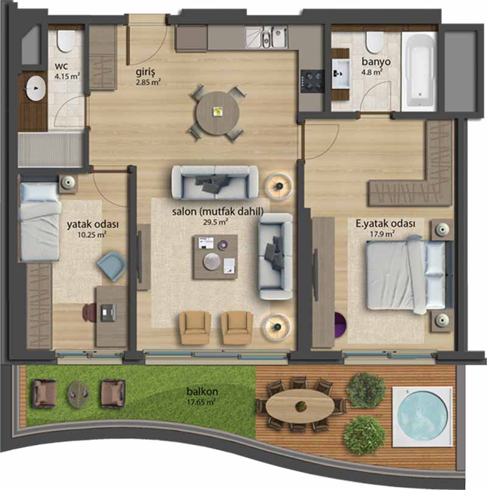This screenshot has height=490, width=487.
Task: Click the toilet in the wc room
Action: coord(66,41)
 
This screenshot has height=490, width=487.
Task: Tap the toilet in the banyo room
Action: coord(374,42)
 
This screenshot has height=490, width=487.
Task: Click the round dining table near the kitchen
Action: coord(217,113)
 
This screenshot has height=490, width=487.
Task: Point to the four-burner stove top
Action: coord(312,81)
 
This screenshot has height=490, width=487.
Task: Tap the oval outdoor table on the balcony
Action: coord(300,406)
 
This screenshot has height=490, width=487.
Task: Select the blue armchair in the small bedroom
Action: coord(112,266)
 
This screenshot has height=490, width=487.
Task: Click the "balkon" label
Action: coord(202,391)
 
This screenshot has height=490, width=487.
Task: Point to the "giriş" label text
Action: coord(145,73)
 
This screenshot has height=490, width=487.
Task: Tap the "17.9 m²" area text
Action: coord(382,233)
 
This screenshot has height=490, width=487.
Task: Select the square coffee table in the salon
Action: coord(215,257)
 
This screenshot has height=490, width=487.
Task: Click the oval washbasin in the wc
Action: coord(36,88)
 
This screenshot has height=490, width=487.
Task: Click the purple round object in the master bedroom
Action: coord(340,325)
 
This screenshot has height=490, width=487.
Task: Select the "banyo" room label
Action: coord(376,62)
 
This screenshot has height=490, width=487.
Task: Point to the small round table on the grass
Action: coord(79,394)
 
